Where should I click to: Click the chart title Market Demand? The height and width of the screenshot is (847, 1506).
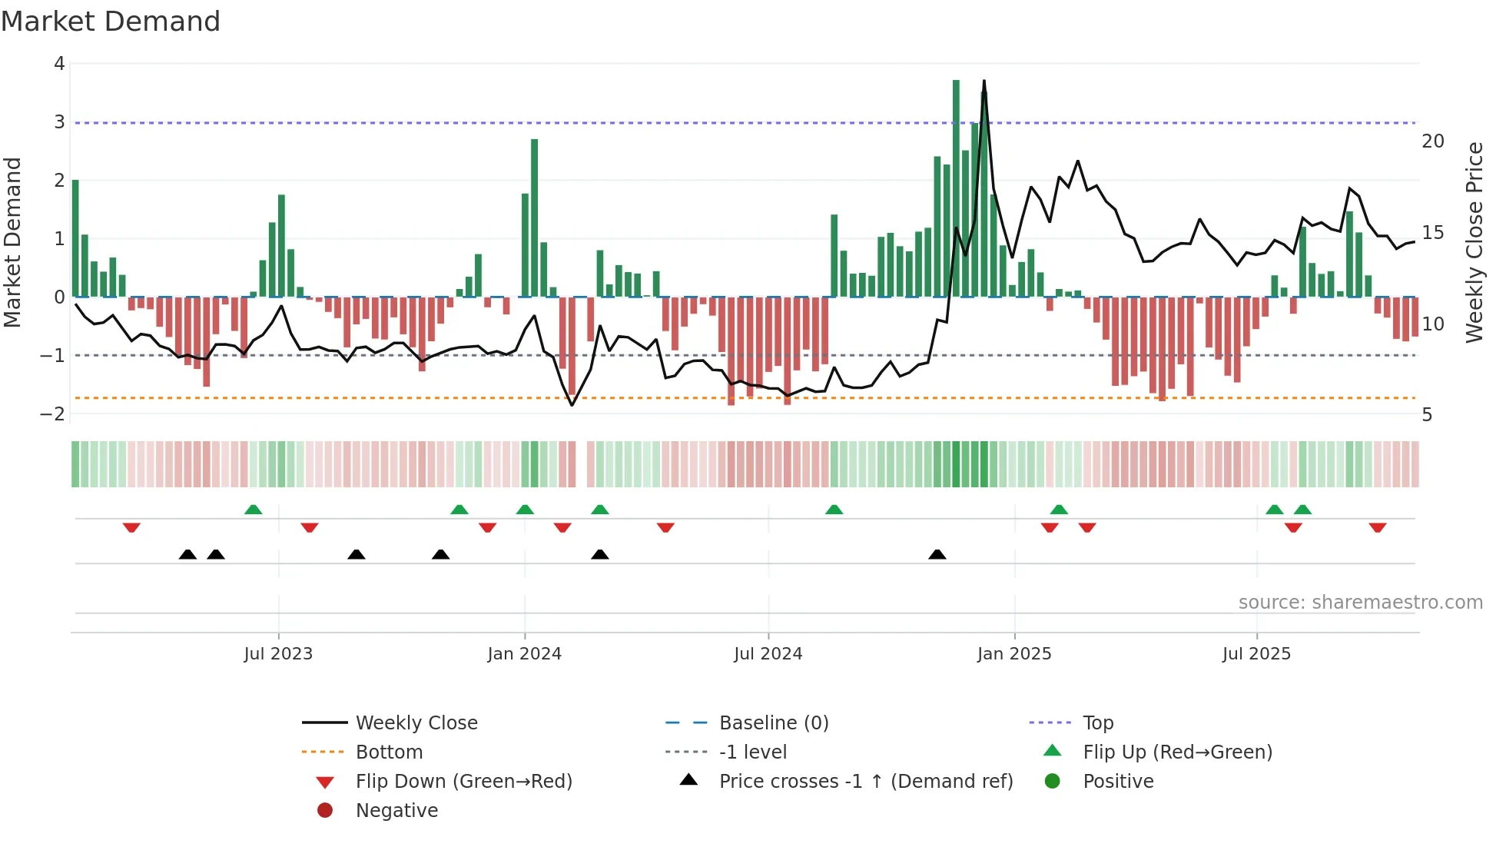pyautogui.click(x=111, y=22)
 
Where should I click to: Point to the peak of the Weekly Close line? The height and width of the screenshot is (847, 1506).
pyautogui.click(x=984, y=81)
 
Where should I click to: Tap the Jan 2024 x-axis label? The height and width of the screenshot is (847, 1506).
pyautogui.click(x=525, y=654)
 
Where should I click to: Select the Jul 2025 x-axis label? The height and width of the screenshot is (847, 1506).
pyautogui.click(x=1256, y=654)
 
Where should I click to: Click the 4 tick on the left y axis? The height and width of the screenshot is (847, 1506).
pyautogui.click(x=59, y=64)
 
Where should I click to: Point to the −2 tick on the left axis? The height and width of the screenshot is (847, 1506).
pyautogui.click(x=52, y=414)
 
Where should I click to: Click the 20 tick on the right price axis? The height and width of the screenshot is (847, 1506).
pyautogui.click(x=1432, y=141)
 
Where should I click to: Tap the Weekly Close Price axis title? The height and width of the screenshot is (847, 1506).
pyautogui.click(x=1474, y=242)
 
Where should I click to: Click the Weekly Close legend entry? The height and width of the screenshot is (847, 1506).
pyautogui.click(x=416, y=723)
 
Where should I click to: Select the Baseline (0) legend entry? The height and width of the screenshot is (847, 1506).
pyautogui.click(x=773, y=723)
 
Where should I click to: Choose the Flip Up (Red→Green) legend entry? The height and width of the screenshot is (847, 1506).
pyautogui.click(x=1176, y=752)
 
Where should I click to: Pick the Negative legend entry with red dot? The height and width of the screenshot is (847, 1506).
pyautogui.click(x=396, y=811)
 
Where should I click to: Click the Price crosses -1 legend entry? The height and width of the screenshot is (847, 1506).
pyautogui.click(x=865, y=782)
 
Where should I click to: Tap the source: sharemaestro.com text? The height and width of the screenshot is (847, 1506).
pyautogui.click(x=1360, y=603)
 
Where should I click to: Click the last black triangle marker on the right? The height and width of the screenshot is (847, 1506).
pyautogui.click(x=937, y=554)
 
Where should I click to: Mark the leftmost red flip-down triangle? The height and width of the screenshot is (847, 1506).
pyautogui.click(x=131, y=527)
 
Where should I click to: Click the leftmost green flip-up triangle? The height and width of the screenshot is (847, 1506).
pyautogui.click(x=253, y=510)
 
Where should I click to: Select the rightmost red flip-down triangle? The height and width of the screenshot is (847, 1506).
pyautogui.click(x=1377, y=527)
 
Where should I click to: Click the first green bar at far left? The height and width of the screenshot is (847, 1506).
pyautogui.click(x=75, y=238)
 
